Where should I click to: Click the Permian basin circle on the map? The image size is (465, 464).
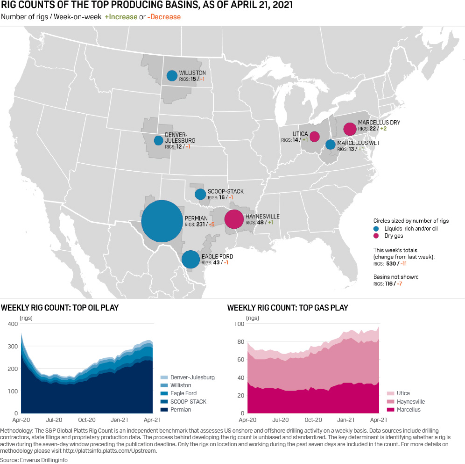(x=162, y=221)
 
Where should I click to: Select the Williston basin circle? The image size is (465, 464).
(x=172, y=75)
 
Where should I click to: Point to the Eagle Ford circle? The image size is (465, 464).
(x=190, y=259)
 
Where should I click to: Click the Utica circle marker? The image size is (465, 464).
(x=314, y=136)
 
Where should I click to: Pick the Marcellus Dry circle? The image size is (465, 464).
(x=349, y=129)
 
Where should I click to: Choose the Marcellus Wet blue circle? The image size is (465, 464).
(x=330, y=144)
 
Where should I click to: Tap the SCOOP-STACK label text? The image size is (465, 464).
(x=225, y=192)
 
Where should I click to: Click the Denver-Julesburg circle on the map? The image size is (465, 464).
(x=158, y=140)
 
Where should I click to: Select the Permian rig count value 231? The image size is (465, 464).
(x=202, y=225)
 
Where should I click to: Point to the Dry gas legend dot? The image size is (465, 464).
(x=376, y=236)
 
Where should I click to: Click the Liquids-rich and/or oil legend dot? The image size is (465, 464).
(x=376, y=229)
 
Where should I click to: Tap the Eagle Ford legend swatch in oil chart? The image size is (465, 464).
(x=163, y=393)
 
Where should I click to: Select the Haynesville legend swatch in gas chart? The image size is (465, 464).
(x=390, y=402)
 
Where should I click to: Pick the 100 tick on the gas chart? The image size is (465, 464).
(x=238, y=324)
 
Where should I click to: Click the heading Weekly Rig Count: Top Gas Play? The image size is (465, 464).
(x=287, y=308)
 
